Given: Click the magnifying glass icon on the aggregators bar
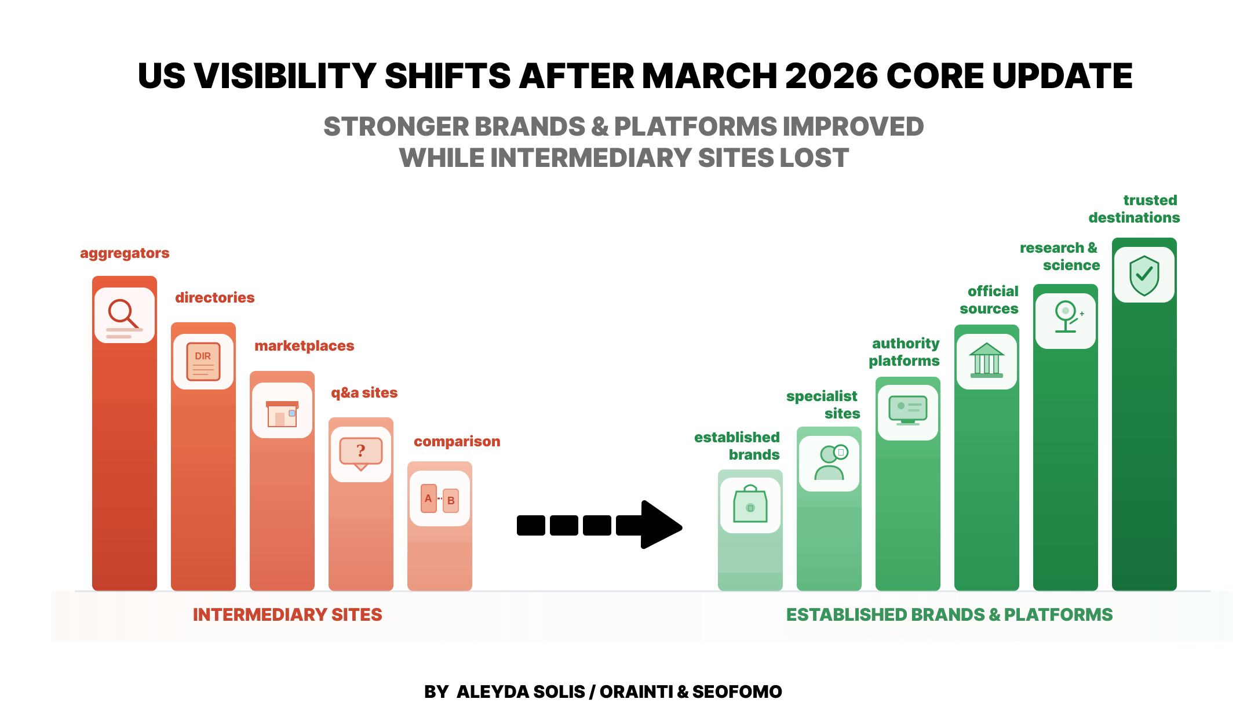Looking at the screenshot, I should click(x=124, y=315).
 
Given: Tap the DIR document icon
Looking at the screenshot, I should click(x=203, y=362).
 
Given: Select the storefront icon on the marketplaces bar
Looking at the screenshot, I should click(x=282, y=413).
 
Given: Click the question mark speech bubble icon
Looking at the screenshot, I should click(x=360, y=453).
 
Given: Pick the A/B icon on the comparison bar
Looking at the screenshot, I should click(x=439, y=499).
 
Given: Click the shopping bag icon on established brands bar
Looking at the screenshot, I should click(x=750, y=505).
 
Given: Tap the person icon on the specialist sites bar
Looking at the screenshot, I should click(x=829, y=463).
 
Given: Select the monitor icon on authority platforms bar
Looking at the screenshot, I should click(x=907, y=411).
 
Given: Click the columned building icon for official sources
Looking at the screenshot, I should click(x=986, y=361).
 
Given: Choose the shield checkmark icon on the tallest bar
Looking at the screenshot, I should click(x=1144, y=275).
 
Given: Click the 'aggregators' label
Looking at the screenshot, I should click(x=125, y=253).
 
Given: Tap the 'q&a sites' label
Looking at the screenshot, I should click(x=364, y=393).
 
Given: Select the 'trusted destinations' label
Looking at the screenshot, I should click(x=1134, y=209).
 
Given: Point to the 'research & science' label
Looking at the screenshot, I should click(x=1059, y=256).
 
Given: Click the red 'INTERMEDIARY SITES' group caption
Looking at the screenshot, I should click(x=287, y=615).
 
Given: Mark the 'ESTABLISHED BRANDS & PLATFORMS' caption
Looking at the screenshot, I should click(x=949, y=615).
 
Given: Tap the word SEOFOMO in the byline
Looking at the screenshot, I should click(x=736, y=691).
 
